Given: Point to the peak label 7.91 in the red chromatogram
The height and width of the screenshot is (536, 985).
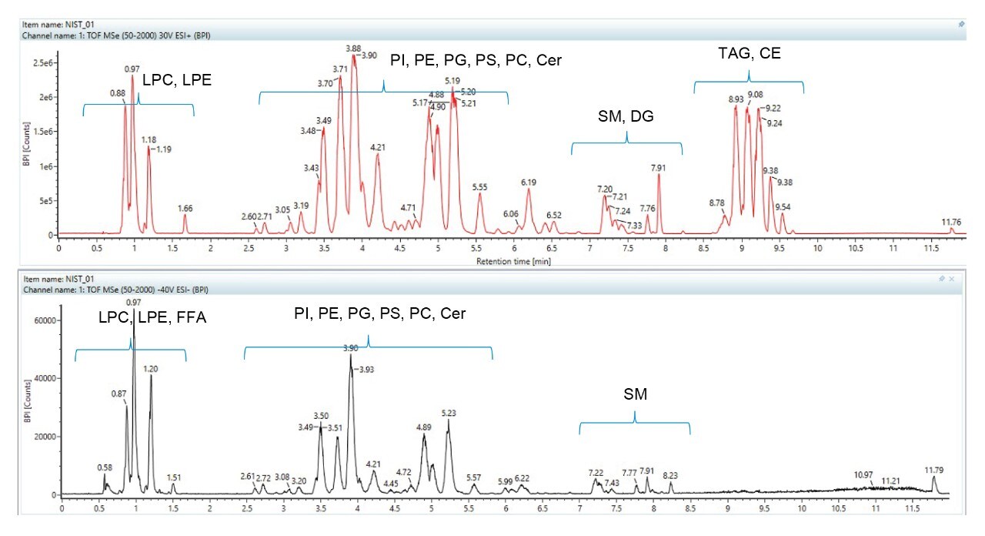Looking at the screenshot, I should tap(658, 167).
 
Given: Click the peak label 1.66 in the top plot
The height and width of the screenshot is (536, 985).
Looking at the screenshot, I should tap(185, 208).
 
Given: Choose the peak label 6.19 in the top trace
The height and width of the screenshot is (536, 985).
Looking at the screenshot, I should tap(528, 183).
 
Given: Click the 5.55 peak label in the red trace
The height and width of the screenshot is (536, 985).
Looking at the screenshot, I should tap(479, 186).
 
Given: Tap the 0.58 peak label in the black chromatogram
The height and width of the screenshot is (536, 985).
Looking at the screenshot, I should tap(105, 467).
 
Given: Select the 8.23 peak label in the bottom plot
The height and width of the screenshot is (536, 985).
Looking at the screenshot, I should tap(670, 476).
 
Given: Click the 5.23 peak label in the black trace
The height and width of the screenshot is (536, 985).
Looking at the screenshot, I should tap(449, 414).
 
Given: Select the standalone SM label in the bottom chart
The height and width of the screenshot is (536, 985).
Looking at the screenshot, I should tap(635, 395).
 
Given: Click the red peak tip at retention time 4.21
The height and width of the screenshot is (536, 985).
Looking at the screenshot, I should tap(378, 154).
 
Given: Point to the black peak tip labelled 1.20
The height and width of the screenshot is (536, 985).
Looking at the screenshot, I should tap(151, 376).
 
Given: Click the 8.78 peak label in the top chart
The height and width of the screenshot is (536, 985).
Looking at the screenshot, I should tap(717, 203).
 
